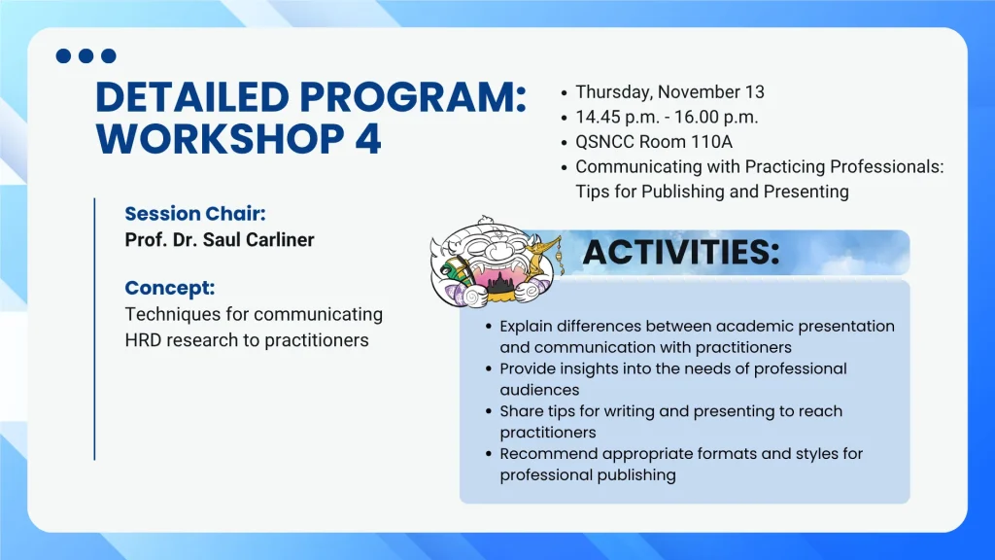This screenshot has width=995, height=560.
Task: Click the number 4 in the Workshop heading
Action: (368, 139)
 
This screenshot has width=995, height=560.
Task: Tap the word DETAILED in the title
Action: (192, 97)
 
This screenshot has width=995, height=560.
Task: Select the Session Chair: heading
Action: (195, 214)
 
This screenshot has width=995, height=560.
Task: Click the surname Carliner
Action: (280, 240)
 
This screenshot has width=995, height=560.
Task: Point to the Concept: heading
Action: (170, 288)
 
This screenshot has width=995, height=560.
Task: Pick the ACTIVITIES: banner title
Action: (681, 252)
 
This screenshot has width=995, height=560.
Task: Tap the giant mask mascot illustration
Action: (496, 262)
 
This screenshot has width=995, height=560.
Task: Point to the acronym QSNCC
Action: (604, 142)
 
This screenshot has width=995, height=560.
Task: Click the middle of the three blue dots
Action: (86, 55)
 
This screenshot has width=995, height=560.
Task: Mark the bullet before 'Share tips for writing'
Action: (488, 411)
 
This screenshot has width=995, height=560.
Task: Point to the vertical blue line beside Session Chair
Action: (94, 329)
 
